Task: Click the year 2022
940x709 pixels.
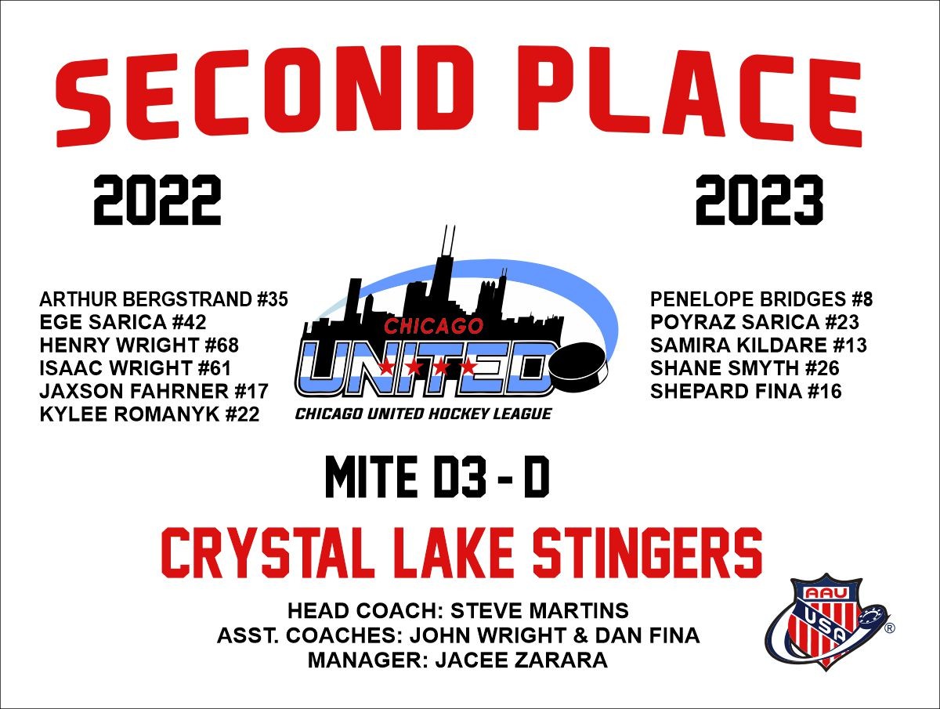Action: [157, 200]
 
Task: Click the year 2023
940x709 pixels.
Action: [759, 200]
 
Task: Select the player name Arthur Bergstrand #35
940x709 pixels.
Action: [164, 299]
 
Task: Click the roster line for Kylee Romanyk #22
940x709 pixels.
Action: [150, 414]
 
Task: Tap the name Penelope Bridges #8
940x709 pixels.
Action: [761, 299]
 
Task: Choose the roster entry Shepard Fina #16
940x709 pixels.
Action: [746, 391]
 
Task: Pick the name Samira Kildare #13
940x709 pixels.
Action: [758, 345]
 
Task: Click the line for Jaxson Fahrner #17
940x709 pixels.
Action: [154, 391]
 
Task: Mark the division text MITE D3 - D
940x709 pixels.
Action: [437, 477]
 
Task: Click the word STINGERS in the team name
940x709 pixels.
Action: [647, 553]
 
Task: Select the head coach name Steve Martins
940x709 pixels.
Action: [540, 610]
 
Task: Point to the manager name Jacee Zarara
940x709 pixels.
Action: [522, 660]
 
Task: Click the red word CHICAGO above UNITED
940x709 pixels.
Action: [433, 326]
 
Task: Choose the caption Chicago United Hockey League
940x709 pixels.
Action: [423, 414]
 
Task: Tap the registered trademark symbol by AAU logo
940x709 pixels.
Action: [889, 628]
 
